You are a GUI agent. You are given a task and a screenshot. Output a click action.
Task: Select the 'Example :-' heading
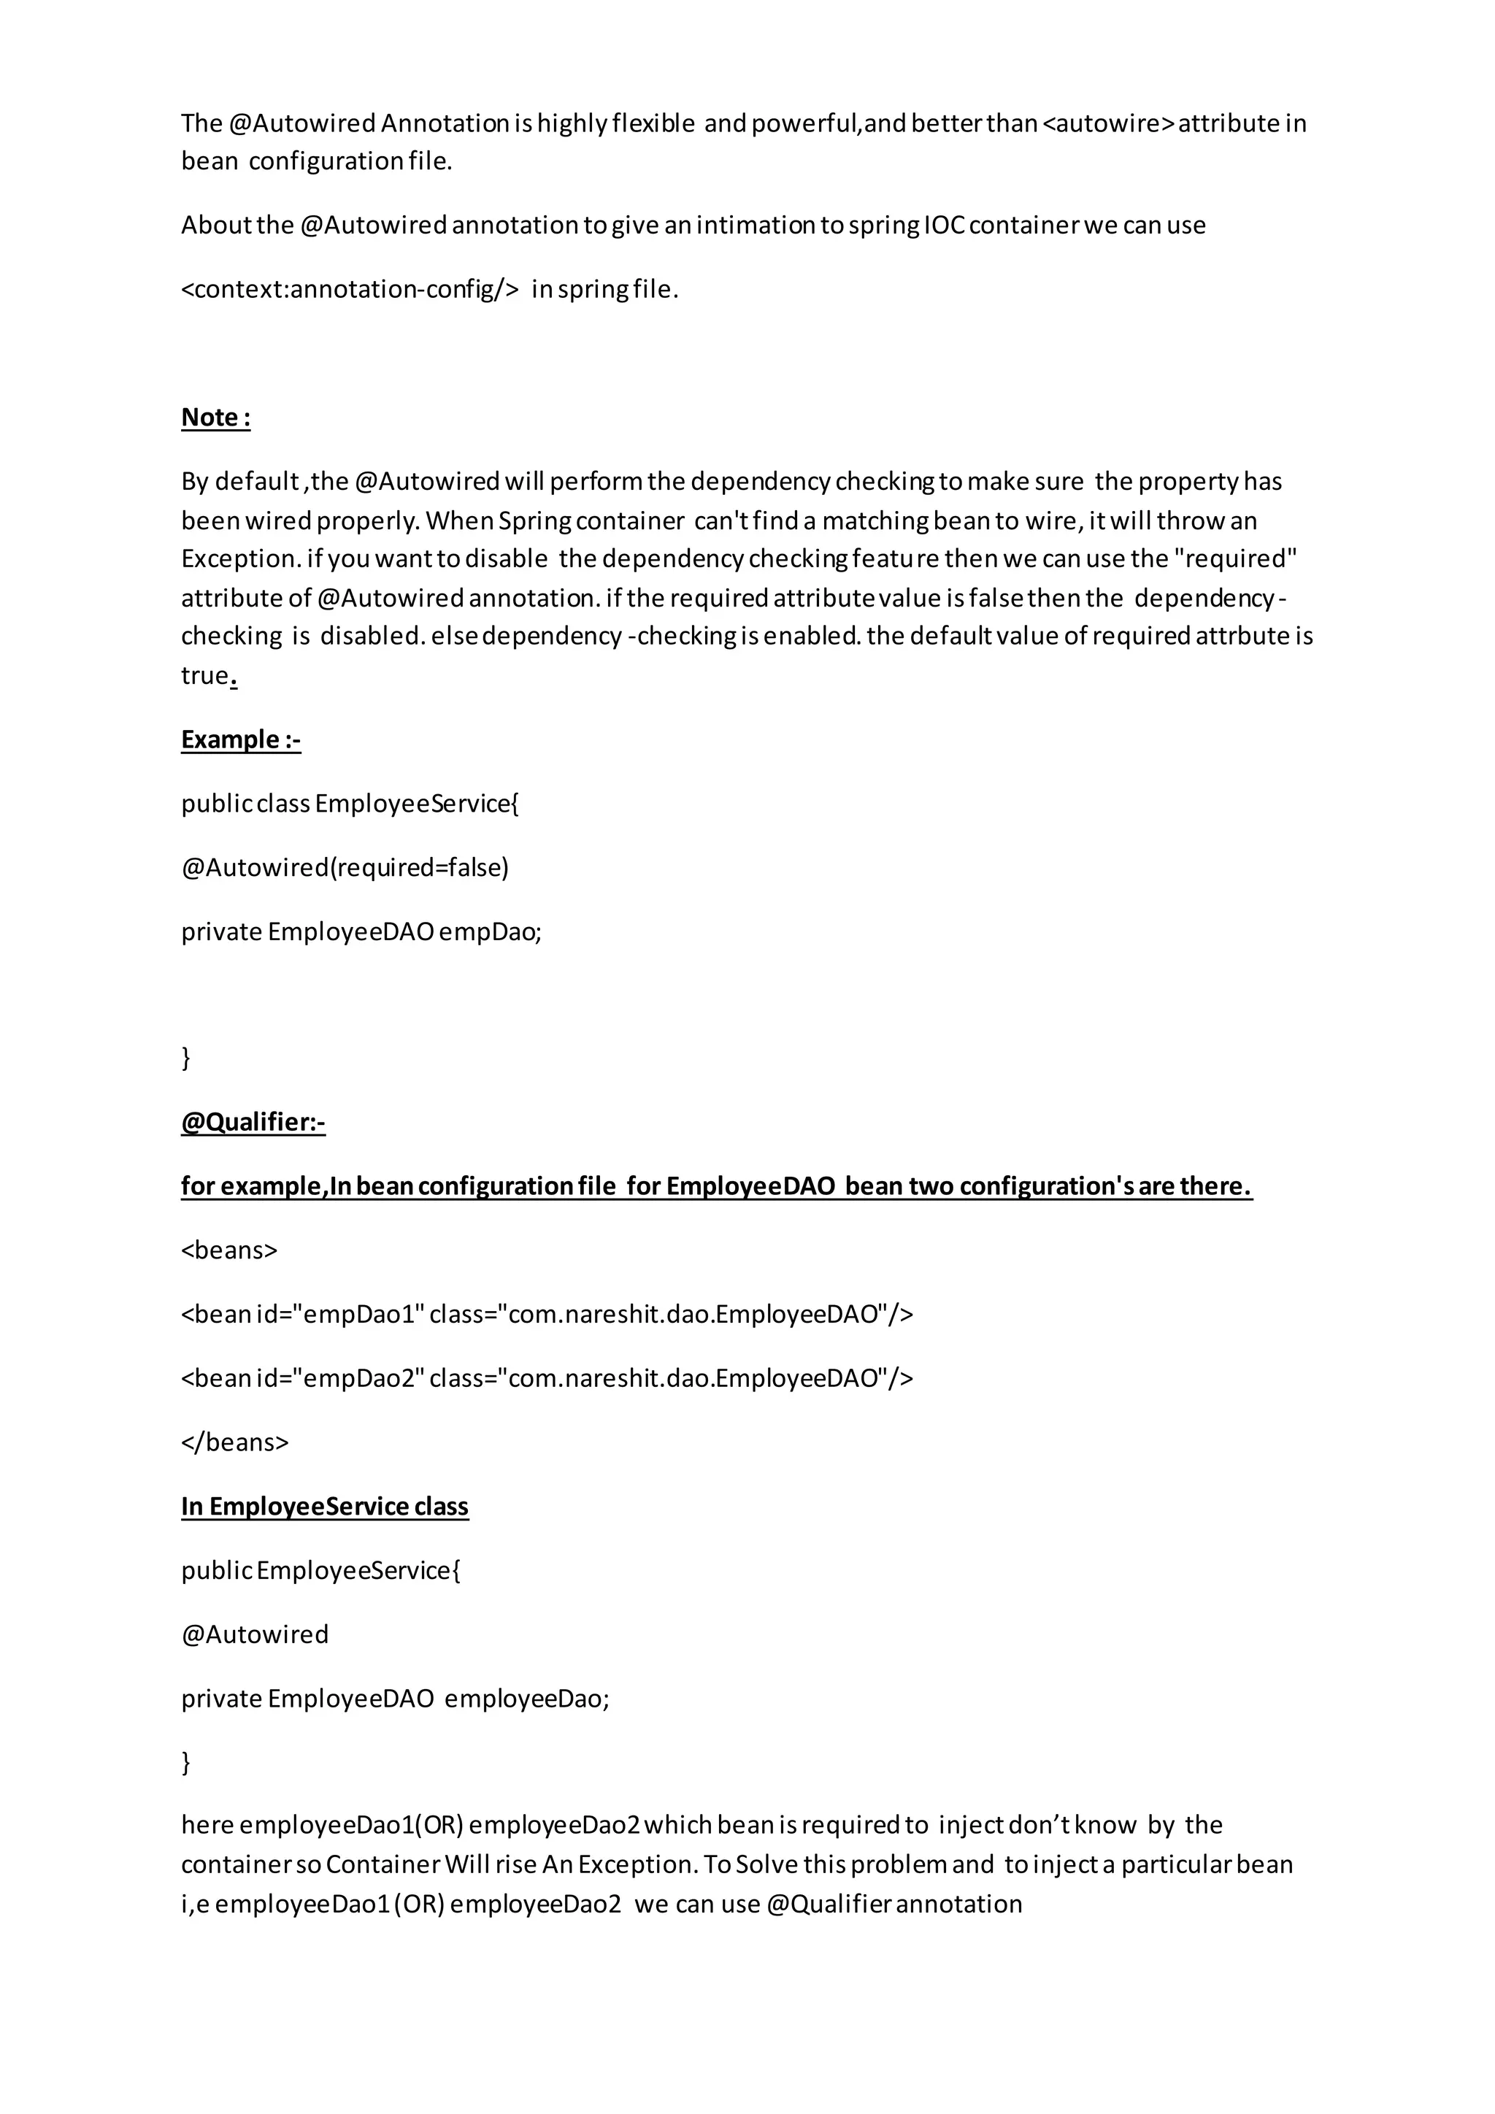[x=240, y=739]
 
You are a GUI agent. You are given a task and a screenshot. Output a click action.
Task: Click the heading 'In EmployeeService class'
[x=324, y=1507]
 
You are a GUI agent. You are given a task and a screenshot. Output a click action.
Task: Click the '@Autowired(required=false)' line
[x=345, y=867]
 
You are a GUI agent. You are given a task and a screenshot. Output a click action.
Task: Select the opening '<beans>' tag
[x=229, y=1250]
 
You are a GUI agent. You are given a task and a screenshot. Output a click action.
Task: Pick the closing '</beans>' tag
[x=235, y=1442]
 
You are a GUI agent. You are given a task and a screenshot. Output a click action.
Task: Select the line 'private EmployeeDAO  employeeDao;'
[x=395, y=1698]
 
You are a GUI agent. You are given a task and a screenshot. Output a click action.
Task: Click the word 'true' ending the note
[x=204, y=676]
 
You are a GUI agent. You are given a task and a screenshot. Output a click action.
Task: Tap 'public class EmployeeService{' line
[x=350, y=804]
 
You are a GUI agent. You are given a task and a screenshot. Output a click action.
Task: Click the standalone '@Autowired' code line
[x=255, y=1634]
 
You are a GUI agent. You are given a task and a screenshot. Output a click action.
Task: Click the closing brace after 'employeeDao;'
[x=186, y=1761]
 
